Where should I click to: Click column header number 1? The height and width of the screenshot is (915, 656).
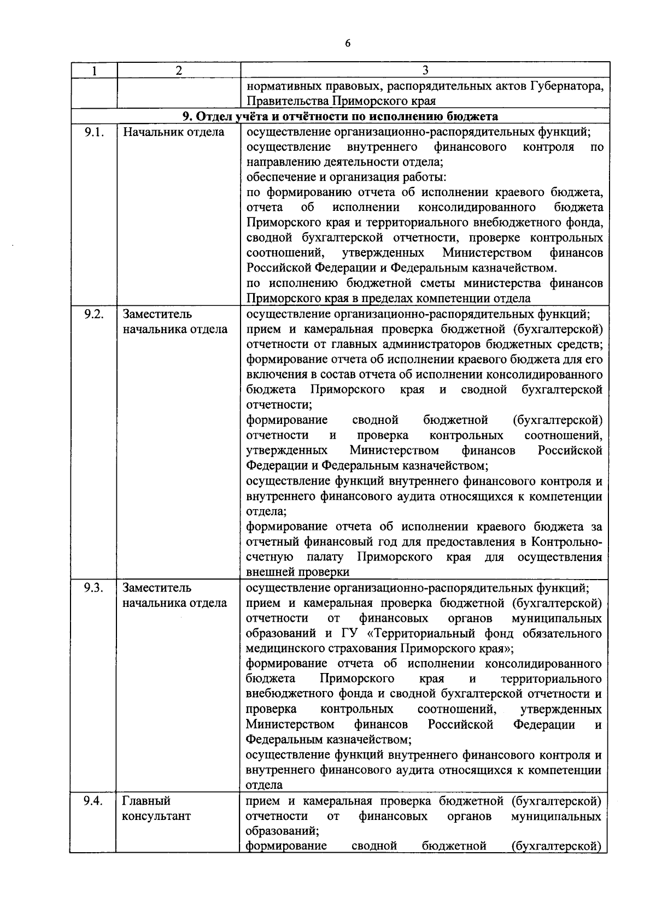(93, 70)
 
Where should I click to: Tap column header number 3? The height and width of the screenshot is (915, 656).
(425, 70)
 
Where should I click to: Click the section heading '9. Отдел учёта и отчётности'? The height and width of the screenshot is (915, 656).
(339, 116)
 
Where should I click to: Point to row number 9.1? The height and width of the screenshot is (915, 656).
(93, 132)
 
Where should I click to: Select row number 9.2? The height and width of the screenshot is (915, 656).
(93, 314)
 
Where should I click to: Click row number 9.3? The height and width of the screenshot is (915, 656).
(93, 588)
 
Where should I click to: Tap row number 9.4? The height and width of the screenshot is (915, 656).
(93, 801)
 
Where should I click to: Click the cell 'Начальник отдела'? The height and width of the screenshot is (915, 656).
(173, 132)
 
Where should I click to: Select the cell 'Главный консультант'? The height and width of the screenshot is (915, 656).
(157, 808)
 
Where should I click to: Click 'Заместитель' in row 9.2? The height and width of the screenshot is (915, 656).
(157, 314)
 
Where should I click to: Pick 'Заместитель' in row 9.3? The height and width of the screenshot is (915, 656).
(157, 588)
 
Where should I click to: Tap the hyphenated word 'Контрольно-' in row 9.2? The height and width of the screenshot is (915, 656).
(567, 542)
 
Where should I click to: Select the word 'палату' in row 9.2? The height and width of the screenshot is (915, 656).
(325, 557)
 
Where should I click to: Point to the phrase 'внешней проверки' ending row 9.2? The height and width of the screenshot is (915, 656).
(298, 572)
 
